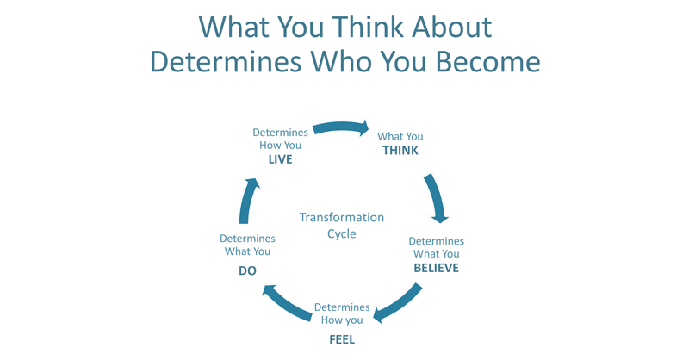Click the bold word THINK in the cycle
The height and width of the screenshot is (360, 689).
pyautogui.click(x=400, y=151)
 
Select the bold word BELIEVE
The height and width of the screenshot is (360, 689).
pyautogui.click(x=436, y=268)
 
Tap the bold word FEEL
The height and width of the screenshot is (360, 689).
pyautogui.click(x=342, y=338)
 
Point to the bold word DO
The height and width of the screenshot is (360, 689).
pyautogui.click(x=247, y=270)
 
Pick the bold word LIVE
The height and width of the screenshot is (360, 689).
pyautogui.click(x=280, y=159)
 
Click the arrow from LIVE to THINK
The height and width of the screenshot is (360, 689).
pyautogui.click(x=340, y=128)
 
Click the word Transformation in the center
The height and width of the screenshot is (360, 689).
pyautogui.click(x=342, y=218)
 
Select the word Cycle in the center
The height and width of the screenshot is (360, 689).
pyautogui.click(x=342, y=233)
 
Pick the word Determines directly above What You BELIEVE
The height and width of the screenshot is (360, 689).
pyautogui.click(x=436, y=241)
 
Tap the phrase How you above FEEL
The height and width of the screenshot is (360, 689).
pyautogui.click(x=342, y=320)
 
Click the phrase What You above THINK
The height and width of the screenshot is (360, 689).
pyautogui.click(x=400, y=136)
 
